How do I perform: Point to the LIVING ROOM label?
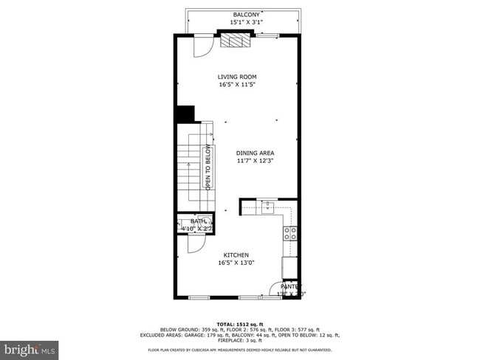237,77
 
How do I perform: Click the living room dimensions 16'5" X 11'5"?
237,85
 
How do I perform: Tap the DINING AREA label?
256,153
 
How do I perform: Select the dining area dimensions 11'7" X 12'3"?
256,161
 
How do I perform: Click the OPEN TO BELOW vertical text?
208,168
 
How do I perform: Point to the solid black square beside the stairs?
185,115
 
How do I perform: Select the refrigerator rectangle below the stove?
290,267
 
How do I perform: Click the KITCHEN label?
237,255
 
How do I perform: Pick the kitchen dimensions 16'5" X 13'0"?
237,263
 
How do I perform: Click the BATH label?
198,221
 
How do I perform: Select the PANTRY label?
289,286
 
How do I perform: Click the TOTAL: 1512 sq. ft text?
239,323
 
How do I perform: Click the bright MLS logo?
30,347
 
